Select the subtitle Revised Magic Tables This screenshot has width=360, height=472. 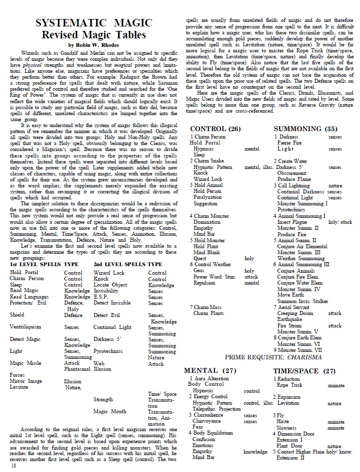[x=94, y=34]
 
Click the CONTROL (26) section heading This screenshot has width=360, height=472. [x=215, y=129]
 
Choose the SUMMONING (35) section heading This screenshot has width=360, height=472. [x=305, y=129]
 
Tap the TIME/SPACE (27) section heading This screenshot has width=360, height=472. [x=304, y=370]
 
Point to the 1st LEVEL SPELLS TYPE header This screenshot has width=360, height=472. [x=44, y=264]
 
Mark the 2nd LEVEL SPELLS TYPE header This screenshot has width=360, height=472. [x=128, y=264]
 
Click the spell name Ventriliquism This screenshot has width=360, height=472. [x=29, y=327]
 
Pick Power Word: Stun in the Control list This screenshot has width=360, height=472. [x=214, y=277]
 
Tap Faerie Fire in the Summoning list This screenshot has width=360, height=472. [x=290, y=143]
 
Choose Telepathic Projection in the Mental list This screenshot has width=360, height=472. [x=216, y=409]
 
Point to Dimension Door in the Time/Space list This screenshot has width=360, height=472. [x=296, y=434]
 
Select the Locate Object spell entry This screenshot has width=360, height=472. [x=112, y=285]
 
